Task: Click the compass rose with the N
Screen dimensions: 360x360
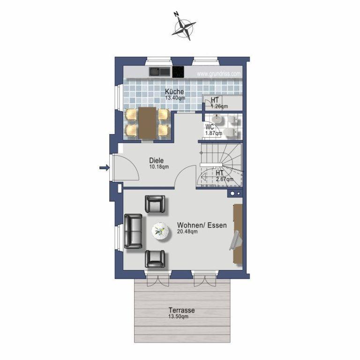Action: pos(184,27)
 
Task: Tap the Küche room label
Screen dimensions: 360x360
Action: pos(174,91)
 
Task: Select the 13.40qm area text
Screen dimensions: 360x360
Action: pos(175,98)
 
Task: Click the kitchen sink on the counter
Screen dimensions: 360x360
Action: pos(160,72)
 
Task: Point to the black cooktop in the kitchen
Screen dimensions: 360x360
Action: pos(178,72)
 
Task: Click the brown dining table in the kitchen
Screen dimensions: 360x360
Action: pos(147,123)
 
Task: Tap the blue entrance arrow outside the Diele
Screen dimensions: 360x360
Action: pos(104,168)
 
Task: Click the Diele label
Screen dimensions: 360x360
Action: pos(157,160)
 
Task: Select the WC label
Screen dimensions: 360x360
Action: pos(210,127)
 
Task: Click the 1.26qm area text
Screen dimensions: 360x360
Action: pos(219,106)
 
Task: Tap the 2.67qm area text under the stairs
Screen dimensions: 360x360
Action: pos(225,179)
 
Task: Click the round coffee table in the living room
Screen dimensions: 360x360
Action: pos(161,232)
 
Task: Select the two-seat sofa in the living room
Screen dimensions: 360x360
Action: pos(133,231)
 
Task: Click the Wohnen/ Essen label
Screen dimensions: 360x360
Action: pos(202,225)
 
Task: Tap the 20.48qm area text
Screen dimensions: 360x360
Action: pos(187,232)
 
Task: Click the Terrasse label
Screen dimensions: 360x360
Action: pos(181,310)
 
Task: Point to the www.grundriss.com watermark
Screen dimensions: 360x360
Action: pos(219,74)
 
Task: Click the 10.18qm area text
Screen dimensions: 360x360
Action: pos(159,167)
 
